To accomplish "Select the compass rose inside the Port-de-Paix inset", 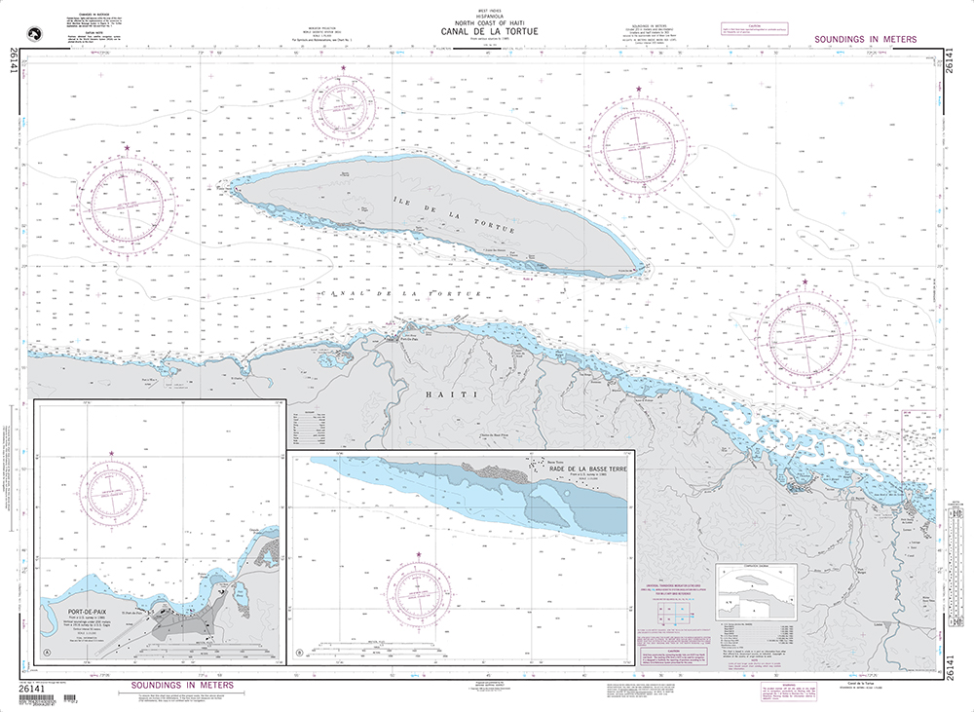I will pos(113,493).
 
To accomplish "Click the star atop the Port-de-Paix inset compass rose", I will pos(113,453).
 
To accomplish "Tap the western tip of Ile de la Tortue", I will pos(231,181).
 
